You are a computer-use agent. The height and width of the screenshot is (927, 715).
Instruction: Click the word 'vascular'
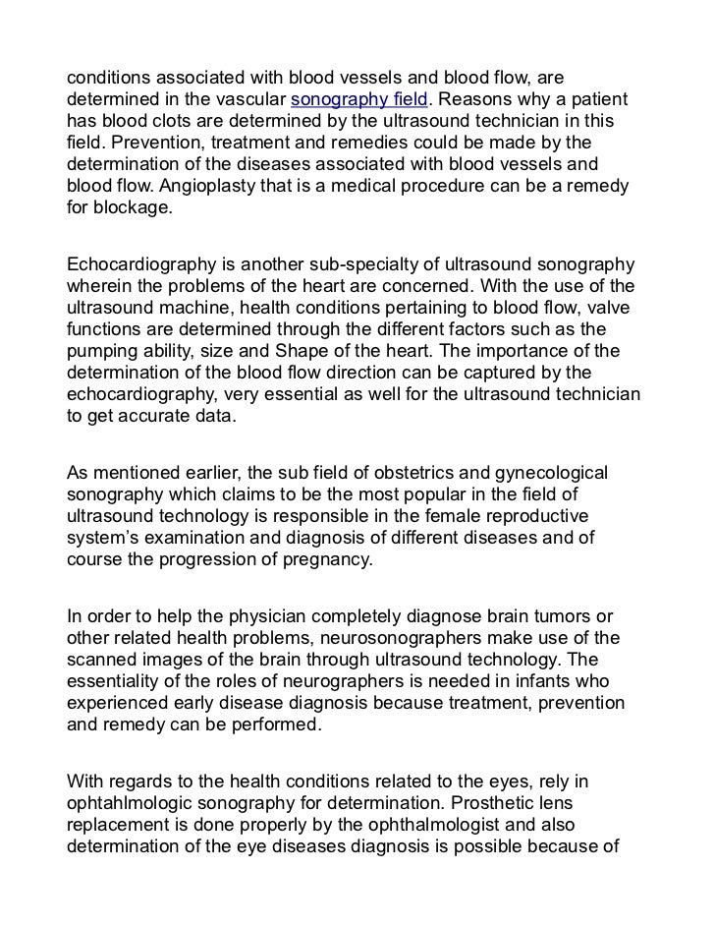(x=250, y=101)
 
